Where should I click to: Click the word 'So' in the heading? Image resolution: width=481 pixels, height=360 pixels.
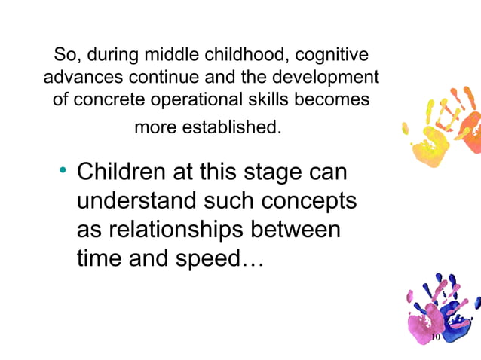point(63,56)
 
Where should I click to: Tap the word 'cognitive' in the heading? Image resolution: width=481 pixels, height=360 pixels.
point(332,56)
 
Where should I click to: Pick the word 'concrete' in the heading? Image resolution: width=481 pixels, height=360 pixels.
point(111,99)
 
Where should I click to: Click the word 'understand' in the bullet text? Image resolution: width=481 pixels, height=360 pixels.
point(139,202)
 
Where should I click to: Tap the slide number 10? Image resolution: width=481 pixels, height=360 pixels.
point(434,338)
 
